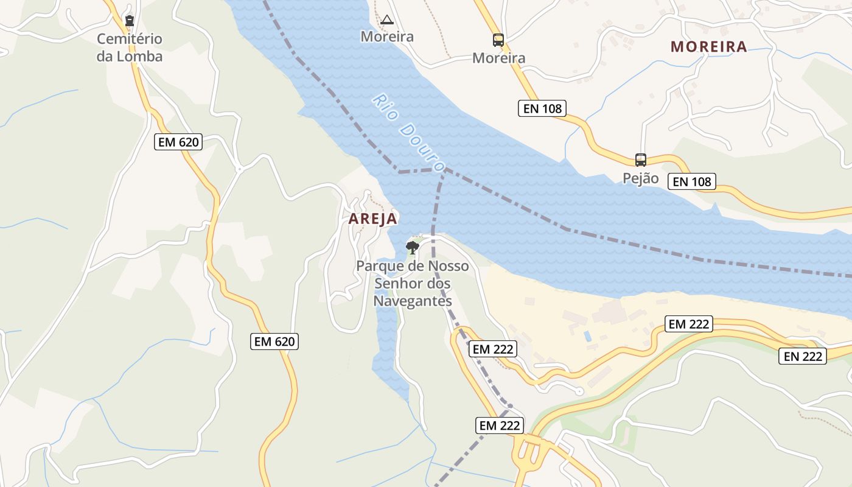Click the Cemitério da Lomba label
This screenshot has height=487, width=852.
130,47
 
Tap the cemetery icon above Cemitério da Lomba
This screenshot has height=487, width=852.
129,21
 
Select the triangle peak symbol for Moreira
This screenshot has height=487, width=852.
387,19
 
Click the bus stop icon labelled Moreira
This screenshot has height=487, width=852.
498,40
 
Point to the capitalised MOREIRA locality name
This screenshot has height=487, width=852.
708,46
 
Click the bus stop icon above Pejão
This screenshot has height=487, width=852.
640,160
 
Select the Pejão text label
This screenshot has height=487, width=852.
640,178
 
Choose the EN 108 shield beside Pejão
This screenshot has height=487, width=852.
691,181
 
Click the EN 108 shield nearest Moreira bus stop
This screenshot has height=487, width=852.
542,109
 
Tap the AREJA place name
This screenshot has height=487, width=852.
372,219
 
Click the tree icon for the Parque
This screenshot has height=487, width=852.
413,247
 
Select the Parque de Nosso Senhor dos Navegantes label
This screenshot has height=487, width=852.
413,284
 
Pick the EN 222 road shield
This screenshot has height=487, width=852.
803,356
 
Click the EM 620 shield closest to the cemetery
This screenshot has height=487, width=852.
178,142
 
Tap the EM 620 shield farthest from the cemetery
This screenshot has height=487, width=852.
274,342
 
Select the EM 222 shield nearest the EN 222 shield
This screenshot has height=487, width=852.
689,324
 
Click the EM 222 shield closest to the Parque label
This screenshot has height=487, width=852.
493,349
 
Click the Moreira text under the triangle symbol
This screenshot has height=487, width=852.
387,37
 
